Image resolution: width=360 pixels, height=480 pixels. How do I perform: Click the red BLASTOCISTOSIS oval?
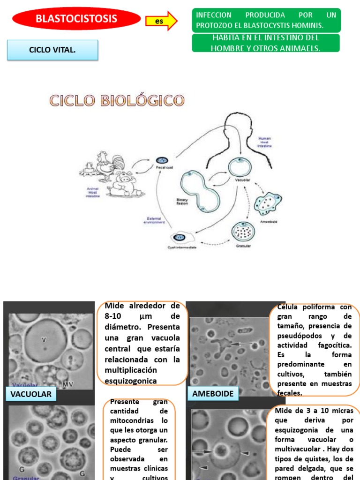tap(76, 19)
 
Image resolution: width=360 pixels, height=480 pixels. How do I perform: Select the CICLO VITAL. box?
tap(52, 50)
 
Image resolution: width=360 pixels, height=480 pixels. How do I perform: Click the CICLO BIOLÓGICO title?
tap(117, 100)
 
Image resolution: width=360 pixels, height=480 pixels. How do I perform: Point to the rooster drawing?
tap(110, 164)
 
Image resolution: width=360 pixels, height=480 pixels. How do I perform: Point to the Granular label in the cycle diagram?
tap(243, 246)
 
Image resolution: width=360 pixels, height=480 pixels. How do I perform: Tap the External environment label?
tap(154, 220)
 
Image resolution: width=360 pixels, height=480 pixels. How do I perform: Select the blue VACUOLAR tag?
tap(30, 394)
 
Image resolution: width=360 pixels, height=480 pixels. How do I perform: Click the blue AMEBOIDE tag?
tap(213, 394)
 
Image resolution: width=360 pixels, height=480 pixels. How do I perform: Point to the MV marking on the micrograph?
tap(68, 384)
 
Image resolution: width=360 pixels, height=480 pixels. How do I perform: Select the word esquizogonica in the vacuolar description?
tap(131, 381)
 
